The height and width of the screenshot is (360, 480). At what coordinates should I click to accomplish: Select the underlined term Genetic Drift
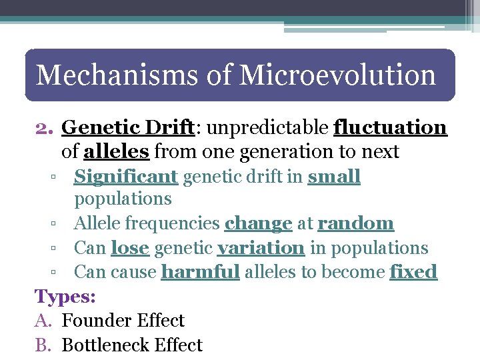pos(127,127)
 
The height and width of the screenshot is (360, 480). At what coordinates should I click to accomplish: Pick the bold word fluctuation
pos(390,127)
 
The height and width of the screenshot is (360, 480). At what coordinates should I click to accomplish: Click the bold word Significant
pos(125,177)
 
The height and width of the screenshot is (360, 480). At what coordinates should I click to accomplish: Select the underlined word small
pos(334,177)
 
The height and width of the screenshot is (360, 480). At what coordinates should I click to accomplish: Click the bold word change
pos(259,223)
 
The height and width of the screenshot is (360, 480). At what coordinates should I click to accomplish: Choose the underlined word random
pos(355,223)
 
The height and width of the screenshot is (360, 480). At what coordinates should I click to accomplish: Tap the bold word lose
pos(129,248)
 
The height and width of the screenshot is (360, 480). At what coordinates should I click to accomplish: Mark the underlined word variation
pos(261,248)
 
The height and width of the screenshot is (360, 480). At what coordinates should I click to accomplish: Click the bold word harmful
pos(200,272)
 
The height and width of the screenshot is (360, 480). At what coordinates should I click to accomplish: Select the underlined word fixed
pos(413,272)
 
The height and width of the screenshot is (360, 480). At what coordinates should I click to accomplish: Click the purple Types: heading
pos(65,296)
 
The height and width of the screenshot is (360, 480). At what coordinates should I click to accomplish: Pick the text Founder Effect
pos(123,321)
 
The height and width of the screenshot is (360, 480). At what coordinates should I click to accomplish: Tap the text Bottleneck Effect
pos(132,345)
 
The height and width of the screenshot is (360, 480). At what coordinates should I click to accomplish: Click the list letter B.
pos(44,345)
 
